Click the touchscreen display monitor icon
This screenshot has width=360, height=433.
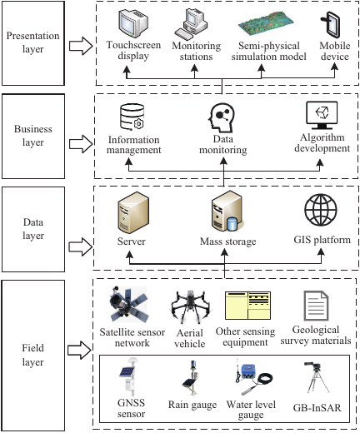click(133, 23)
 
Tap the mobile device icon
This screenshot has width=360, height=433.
click(331, 24)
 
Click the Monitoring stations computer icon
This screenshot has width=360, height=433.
click(191, 24)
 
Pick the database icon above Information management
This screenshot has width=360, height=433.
click(132, 117)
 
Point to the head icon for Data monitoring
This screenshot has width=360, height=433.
click(221, 117)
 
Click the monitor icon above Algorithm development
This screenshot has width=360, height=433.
click(322, 116)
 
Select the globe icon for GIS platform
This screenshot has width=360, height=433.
click(321, 210)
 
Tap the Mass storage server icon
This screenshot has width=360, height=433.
click(227, 211)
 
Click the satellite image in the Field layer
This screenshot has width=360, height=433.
click(128, 305)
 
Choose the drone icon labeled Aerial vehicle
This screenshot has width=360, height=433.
click(191, 306)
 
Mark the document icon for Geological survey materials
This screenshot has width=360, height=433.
click(316, 306)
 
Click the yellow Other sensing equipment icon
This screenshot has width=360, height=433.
click(247, 306)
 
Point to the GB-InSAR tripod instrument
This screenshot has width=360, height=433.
click(317, 377)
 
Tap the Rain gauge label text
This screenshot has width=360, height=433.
click(192, 405)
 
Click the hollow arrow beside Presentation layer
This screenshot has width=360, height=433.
click(81, 46)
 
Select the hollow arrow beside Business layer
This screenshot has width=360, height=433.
click(81, 144)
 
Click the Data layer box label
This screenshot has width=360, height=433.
click(33, 229)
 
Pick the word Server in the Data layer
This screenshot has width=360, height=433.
click(131, 241)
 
